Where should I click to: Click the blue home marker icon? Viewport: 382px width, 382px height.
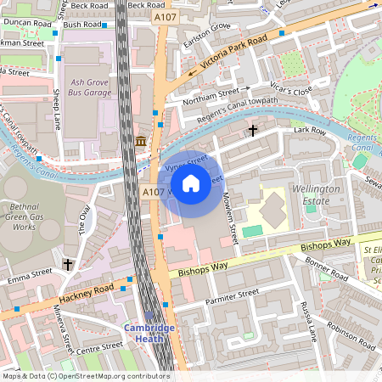point(191,183)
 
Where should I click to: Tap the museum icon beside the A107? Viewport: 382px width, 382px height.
point(140,140)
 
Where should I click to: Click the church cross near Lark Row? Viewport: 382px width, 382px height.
point(253,131)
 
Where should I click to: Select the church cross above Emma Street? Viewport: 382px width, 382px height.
point(68,265)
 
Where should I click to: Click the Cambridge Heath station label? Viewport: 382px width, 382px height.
point(149,334)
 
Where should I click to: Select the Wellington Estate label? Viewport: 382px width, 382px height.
point(315,194)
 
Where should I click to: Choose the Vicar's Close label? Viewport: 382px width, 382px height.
point(294,91)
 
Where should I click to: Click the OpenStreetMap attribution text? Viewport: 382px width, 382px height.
point(86,375)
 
